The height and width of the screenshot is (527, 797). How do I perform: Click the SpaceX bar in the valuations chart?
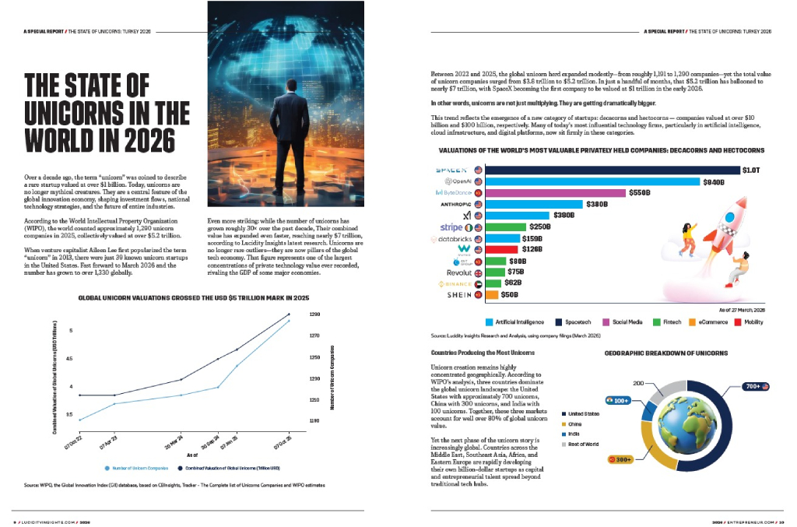[x=612, y=169]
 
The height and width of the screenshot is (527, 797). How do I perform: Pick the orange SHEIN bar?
[x=491, y=295]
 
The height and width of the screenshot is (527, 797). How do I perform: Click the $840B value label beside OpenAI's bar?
[x=714, y=181]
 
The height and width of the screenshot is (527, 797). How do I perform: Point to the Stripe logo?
[x=451, y=227]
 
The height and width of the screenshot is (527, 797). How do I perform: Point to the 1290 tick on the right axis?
[x=314, y=314]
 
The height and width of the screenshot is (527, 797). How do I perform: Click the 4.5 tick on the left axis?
[x=71, y=359]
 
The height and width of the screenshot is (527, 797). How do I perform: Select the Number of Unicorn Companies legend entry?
[x=136, y=468]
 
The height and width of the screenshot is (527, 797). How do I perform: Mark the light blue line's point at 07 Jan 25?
[x=237, y=365]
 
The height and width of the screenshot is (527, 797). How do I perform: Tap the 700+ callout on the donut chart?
[x=753, y=387]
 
